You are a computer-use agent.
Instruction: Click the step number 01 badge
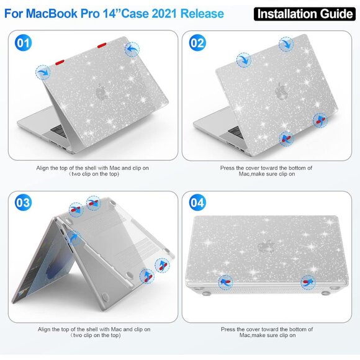23,43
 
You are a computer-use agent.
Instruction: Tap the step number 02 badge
197,43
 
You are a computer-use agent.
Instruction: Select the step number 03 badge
23,203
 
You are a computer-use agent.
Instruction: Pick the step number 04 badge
197,203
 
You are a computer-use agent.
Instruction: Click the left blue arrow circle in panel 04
225,281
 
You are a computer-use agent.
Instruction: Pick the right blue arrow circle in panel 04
307,282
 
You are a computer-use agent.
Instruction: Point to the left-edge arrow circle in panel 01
43,73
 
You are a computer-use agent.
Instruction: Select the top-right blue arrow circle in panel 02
286,44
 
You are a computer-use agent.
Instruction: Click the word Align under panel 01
45,168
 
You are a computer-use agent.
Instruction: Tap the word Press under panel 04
228,329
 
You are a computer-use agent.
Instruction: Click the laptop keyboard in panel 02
236,131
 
